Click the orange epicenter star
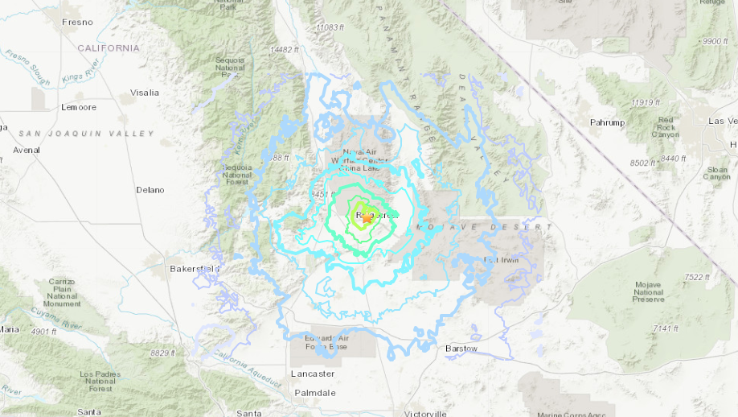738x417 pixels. point(367,217)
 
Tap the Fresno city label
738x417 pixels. point(77,22)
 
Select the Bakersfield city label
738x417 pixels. point(190,268)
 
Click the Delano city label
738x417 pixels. point(150,190)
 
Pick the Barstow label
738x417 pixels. point(461,349)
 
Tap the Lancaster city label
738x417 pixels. point(312,374)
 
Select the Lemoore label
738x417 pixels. point(78,107)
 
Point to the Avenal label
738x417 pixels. point(26,150)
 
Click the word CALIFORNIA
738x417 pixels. point(109,48)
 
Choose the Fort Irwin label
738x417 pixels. point(502,259)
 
